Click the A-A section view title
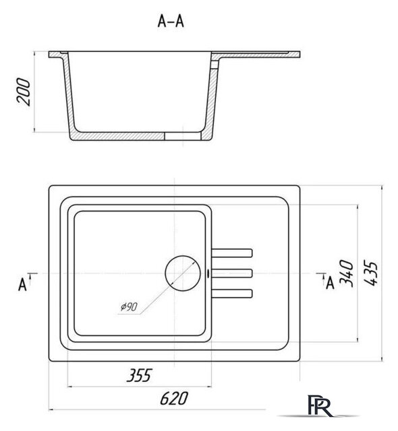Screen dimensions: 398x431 (x=171, y=22)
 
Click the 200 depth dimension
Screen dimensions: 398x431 (x=24, y=92)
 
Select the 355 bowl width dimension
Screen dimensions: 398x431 (x=139, y=376)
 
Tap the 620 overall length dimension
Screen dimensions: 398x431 (x=174, y=398)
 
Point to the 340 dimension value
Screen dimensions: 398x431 (x=346, y=273)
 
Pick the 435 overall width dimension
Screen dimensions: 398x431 (x=370, y=273)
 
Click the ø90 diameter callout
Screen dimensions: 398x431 (x=129, y=307)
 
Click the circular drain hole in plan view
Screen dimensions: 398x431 (x=183, y=273)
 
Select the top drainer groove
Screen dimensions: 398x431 (x=232, y=253)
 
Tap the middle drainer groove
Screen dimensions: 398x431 (x=232, y=273)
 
